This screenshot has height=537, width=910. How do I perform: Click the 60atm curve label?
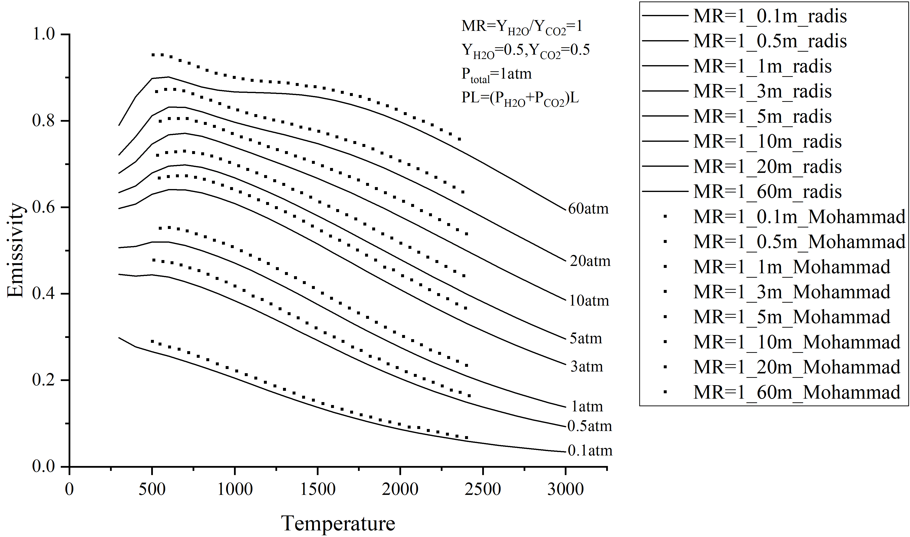(x=588, y=209)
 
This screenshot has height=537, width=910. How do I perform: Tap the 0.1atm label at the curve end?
(x=590, y=451)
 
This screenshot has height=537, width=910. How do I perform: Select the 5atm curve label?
(x=586, y=338)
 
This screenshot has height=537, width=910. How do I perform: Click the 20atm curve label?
(x=590, y=261)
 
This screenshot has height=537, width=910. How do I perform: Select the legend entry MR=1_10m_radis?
(x=767, y=142)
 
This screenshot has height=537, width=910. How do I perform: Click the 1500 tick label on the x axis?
(x=318, y=489)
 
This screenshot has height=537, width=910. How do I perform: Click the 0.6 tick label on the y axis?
(x=43, y=207)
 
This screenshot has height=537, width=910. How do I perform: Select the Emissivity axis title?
(x=15, y=251)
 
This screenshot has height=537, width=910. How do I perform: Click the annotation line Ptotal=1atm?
(x=496, y=74)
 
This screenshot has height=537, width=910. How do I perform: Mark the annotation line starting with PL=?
(x=520, y=98)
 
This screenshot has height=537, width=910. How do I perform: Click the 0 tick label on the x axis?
(x=69, y=489)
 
